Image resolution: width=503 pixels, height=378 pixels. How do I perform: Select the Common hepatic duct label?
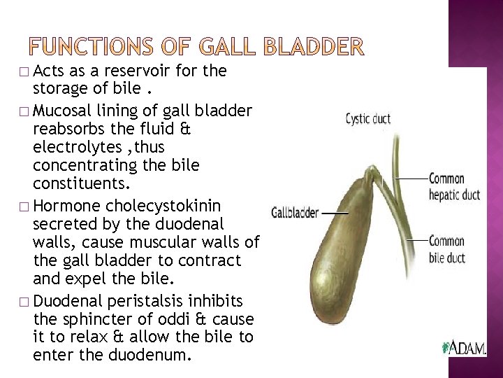pos(454,186)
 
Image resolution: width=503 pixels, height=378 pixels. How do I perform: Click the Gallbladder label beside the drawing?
pos(295,210)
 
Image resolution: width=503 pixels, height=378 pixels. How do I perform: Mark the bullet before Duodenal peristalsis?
pos(25,301)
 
